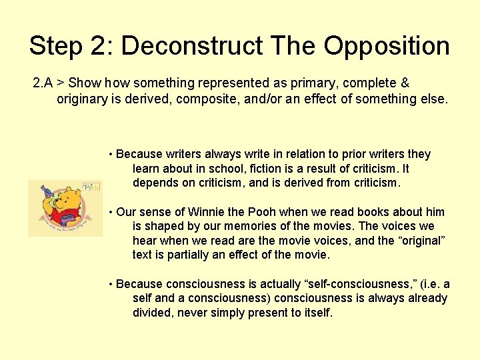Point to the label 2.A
[43, 83]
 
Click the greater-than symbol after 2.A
[60, 83]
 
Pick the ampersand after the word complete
[404, 83]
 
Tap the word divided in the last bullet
[153, 312]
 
